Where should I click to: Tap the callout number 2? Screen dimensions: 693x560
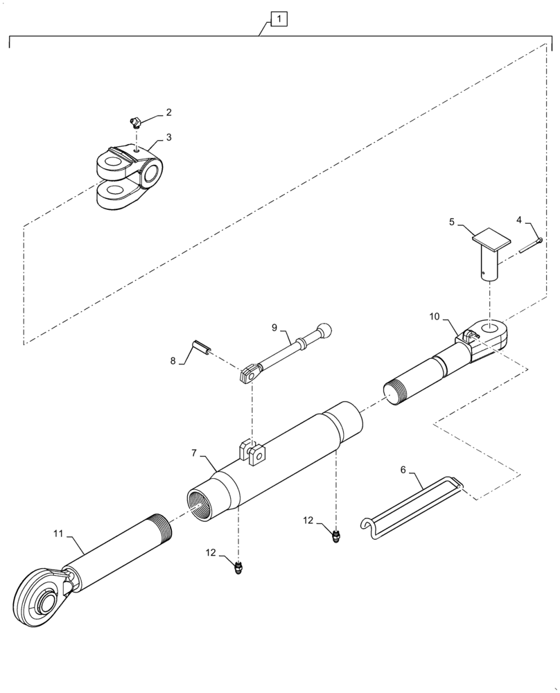(168, 112)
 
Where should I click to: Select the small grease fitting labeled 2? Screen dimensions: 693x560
(137, 123)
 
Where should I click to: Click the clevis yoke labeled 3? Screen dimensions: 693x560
(130, 177)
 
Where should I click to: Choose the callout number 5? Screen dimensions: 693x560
(451, 223)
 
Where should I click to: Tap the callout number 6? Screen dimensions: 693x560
(403, 470)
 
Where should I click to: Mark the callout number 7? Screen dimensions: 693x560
(195, 453)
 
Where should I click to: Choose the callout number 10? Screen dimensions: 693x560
(435, 317)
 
